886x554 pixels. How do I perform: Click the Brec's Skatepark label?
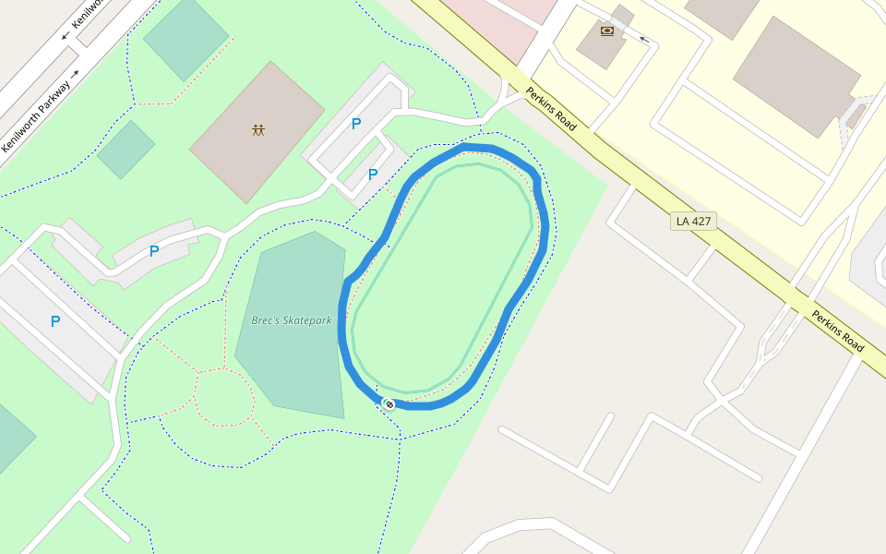pyautogui.click(x=292, y=320)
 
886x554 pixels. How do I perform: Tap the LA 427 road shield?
pyautogui.click(x=694, y=222)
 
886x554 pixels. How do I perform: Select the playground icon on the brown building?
pyautogui.click(x=258, y=130)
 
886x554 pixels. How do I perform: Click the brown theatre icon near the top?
pyautogui.click(x=606, y=31)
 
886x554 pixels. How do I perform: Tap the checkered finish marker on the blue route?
pyautogui.click(x=389, y=403)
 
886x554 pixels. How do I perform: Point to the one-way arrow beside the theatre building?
pyautogui.click(x=644, y=40)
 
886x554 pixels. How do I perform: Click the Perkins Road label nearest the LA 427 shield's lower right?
pyautogui.click(x=838, y=330)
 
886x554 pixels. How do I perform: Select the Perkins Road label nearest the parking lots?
pyautogui.click(x=551, y=109)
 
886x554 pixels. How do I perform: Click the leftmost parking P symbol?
pyautogui.click(x=55, y=321)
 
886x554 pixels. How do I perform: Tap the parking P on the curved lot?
pyautogui.click(x=154, y=251)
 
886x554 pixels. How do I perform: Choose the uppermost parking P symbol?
pyautogui.click(x=356, y=124)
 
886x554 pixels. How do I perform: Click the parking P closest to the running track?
pyautogui.click(x=373, y=175)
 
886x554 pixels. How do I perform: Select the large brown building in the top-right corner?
pyautogui.click(x=795, y=76)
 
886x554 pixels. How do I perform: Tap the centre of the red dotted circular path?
pyautogui.click(x=224, y=398)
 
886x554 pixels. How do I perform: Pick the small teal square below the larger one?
pyautogui.click(x=126, y=150)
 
